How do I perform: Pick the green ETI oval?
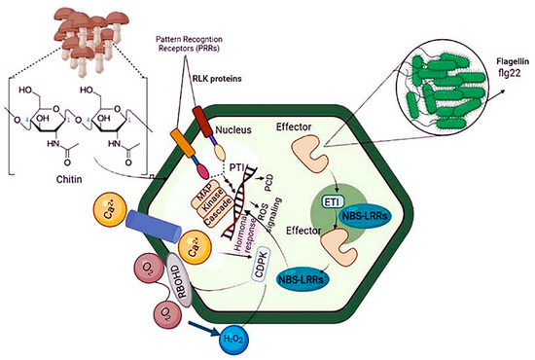pos(355,201)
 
